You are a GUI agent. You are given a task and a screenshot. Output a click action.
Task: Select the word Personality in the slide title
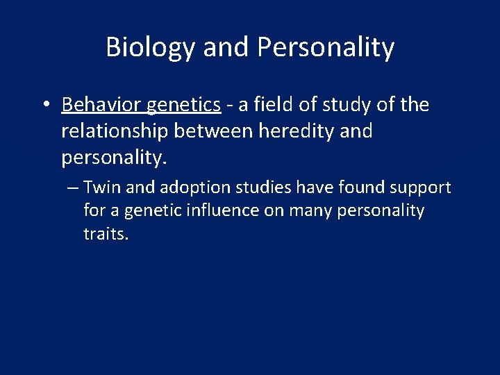click(326, 48)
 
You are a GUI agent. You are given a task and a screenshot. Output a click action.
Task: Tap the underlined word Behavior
click(102, 105)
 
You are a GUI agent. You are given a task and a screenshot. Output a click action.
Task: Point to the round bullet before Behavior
click(44, 106)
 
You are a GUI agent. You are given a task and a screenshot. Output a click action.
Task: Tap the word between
click(214, 131)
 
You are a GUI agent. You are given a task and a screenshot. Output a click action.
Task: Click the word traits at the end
click(106, 234)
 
